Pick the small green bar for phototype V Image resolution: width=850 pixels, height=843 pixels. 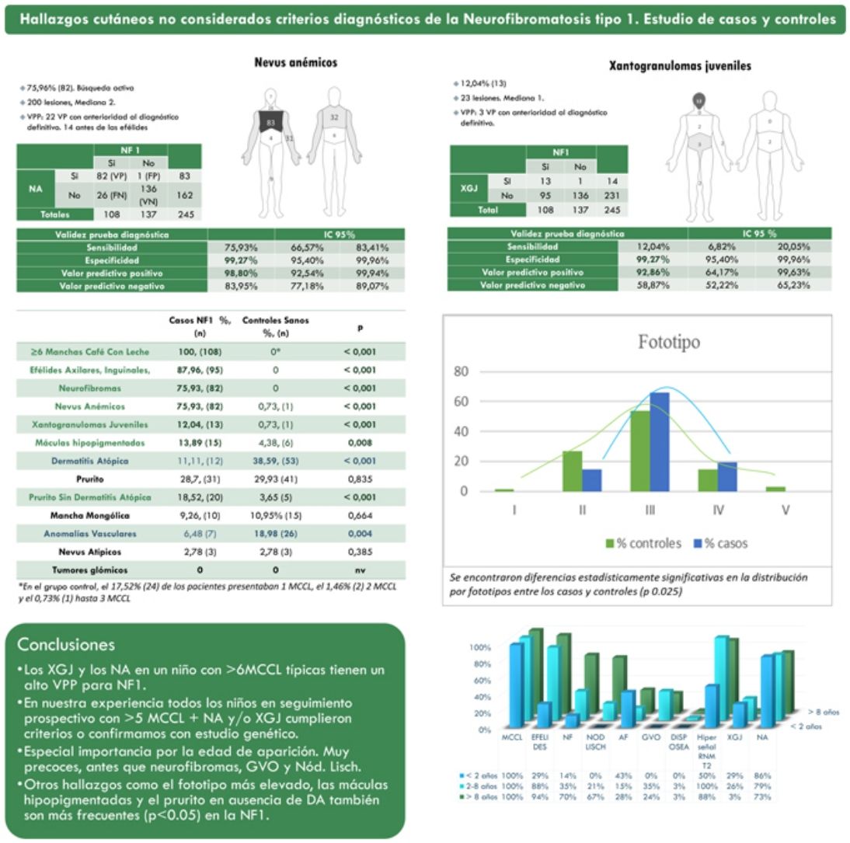pos(770,488)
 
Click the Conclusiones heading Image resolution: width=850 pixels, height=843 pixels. pos(66,645)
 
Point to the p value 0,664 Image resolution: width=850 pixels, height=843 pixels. pos(360,516)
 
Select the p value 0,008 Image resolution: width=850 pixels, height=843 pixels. pos(360,443)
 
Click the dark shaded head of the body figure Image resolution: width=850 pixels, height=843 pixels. pos(698,100)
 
